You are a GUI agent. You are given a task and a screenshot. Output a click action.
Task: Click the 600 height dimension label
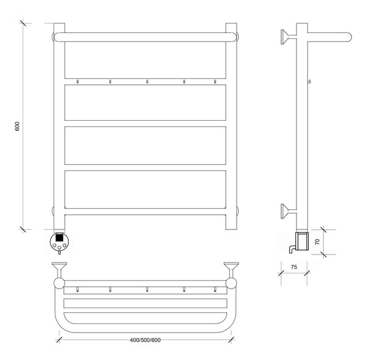coord(17,126)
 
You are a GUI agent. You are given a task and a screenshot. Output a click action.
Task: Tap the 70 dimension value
coord(317,242)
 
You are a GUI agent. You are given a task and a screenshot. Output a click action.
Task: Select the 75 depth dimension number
coord(294,267)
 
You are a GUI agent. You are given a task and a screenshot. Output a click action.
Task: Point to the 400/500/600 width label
coord(145,340)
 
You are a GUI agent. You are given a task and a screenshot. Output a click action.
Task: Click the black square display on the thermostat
coord(59,238)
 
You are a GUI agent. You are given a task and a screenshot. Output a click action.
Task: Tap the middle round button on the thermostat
coord(59,248)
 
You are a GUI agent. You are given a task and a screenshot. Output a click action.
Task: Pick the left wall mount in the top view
coord(59,270)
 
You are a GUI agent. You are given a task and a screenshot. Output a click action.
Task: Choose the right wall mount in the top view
coord(231,270)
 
